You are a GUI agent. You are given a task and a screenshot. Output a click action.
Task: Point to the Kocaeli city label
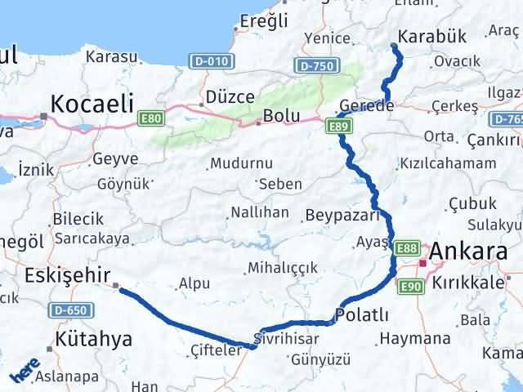91,104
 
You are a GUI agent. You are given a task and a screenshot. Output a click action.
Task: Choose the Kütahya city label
94,338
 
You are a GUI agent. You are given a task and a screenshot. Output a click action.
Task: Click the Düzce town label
231,96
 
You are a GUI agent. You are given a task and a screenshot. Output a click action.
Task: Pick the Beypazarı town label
342,216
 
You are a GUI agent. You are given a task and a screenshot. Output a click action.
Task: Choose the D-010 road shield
211,60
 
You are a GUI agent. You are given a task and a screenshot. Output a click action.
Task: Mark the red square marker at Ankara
423,263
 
